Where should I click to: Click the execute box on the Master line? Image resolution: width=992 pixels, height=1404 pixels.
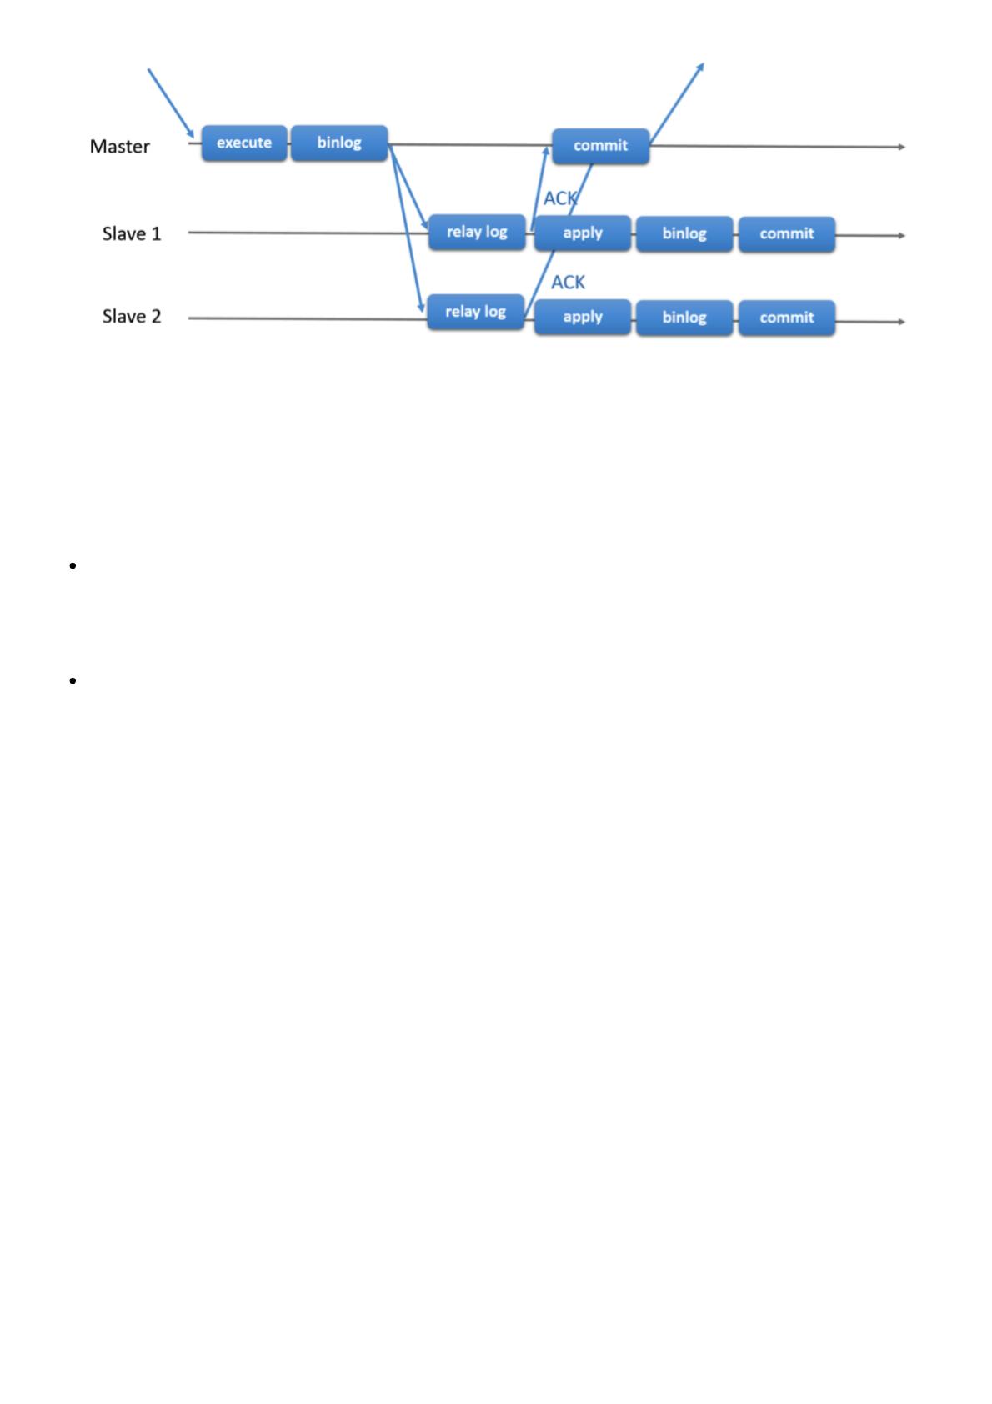point(243,143)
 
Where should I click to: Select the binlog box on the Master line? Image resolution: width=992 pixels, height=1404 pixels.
point(339,143)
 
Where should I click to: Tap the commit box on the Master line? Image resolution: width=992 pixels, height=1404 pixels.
point(600,146)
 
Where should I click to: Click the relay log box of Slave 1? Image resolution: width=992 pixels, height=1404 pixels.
point(477,232)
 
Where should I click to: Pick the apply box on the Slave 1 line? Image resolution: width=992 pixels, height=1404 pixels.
point(583,233)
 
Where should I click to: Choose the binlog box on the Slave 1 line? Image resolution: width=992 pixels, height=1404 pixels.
point(684,234)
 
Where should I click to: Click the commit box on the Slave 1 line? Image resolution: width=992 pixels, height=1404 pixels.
point(786,234)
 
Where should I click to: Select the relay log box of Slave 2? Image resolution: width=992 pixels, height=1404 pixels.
point(475,312)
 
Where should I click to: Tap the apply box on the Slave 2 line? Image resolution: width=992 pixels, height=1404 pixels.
point(583,318)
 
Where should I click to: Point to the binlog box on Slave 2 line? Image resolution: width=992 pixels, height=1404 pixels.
point(684,318)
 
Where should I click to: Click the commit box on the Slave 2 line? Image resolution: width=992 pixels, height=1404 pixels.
point(786,318)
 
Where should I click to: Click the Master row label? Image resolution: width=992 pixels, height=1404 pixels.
point(120,147)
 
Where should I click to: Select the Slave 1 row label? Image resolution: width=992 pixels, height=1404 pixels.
point(132,233)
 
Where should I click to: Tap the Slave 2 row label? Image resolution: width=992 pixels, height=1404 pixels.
point(132,317)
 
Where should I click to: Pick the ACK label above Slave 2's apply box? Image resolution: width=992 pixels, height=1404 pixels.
point(568,283)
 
